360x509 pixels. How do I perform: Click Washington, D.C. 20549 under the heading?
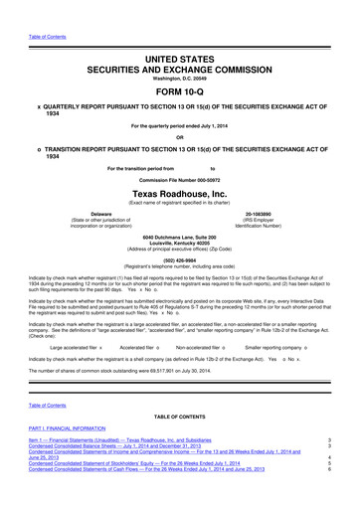[x=180, y=59]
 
